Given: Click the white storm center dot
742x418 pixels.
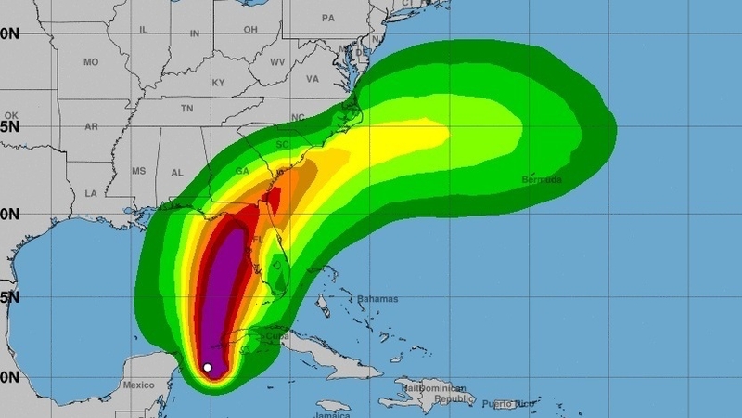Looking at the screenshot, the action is tap(208, 368).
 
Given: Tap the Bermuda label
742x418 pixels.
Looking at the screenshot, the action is tap(542, 179).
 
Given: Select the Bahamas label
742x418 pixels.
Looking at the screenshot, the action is tap(377, 299).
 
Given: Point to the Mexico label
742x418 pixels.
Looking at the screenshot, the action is tap(138, 384).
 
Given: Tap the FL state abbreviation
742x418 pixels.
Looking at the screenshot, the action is tap(259, 239).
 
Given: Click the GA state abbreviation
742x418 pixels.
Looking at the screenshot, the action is tap(243, 172).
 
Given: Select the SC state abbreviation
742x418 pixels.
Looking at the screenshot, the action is tap(283, 145).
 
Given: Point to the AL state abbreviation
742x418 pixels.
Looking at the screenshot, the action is tap(177, 173).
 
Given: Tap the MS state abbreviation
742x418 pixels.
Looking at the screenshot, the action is tap(139, 172).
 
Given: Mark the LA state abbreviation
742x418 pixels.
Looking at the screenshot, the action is tap(91, 193).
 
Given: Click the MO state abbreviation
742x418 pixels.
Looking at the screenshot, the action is tap(91, 62).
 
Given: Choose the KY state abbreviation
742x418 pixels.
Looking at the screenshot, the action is tap(219, 83).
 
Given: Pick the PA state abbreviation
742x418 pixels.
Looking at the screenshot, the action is tap(327, 18).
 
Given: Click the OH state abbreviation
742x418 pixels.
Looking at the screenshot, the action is tap(250, 30).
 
